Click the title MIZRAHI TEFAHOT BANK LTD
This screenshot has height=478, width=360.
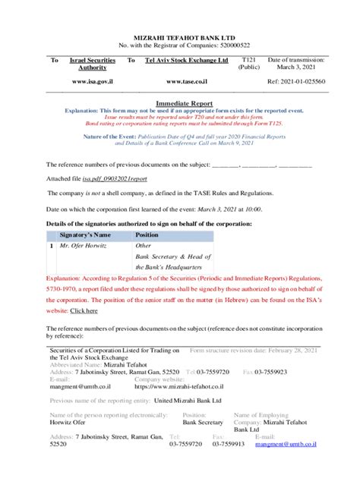(179, 36)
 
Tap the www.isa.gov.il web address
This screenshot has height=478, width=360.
(93, 80)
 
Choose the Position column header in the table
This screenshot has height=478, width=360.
(147, 235)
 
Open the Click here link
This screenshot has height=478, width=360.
(84, 311)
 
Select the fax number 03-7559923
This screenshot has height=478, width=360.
(270, 372)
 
